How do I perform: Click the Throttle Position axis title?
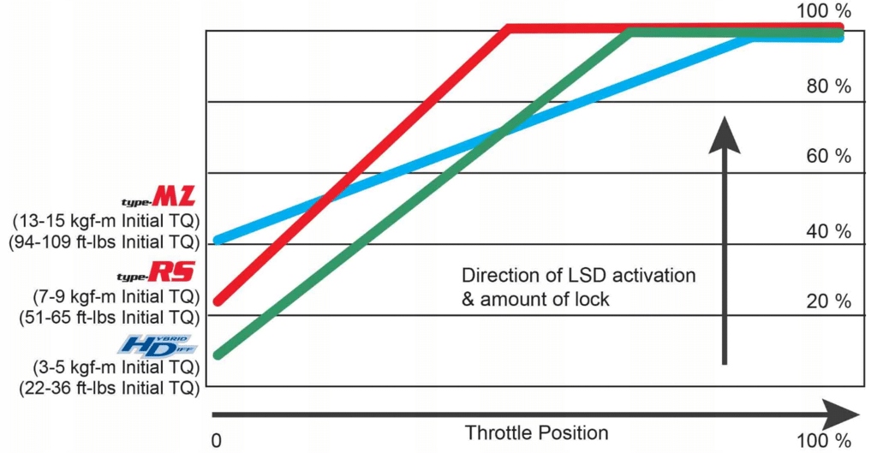pos(536,432)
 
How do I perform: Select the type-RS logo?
pos(157,273)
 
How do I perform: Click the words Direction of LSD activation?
pos(578,277)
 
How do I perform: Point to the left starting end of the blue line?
pos(219,239)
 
